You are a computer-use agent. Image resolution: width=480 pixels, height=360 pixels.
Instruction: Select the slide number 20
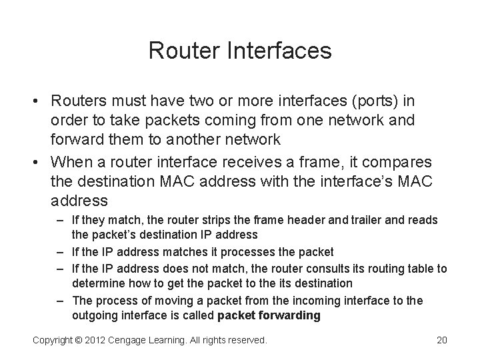tap(441, 340)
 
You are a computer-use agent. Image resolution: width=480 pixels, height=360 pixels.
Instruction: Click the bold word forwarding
tap(287, 315)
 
